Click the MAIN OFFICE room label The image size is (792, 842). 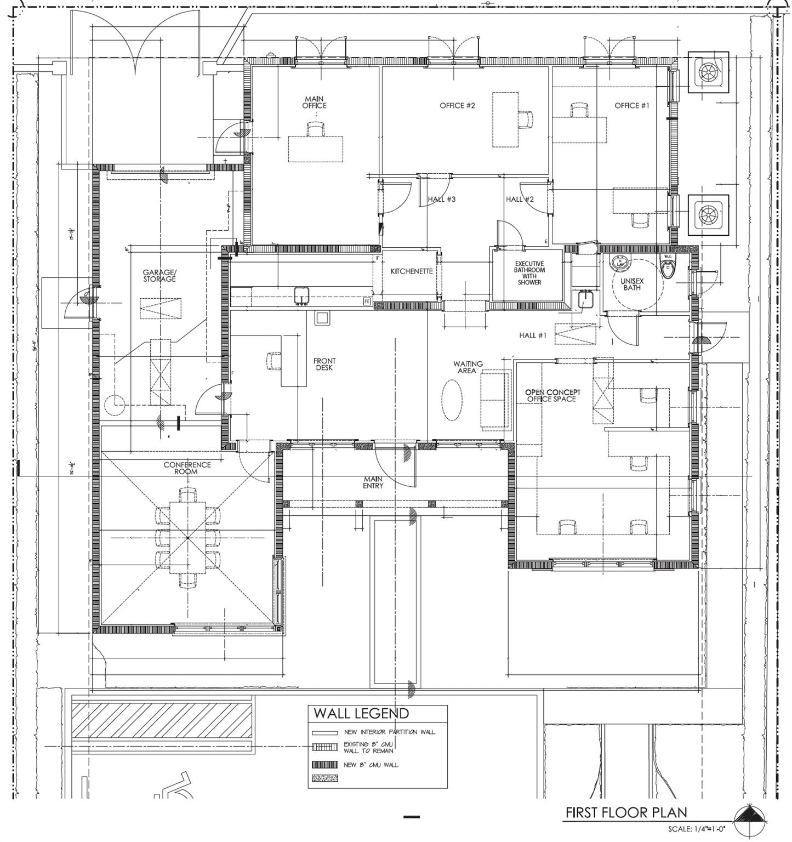314,103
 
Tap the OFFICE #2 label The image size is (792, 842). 457,105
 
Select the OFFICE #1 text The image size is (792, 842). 631,105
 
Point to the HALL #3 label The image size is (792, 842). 441,199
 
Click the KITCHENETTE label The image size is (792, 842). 411,271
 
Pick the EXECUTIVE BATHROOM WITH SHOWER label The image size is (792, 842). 529,273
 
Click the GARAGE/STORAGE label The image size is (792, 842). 159,275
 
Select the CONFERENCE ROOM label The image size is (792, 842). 187,468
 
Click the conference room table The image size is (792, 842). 187,538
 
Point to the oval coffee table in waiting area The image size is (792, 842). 452,401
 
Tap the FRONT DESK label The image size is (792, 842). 324,364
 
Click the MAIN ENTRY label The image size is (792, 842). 373,482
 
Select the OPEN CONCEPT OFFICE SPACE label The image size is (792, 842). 552,396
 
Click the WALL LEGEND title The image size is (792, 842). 361,713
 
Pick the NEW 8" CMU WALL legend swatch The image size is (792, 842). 324,765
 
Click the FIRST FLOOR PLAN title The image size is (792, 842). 626,812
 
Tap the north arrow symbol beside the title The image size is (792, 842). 748,815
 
